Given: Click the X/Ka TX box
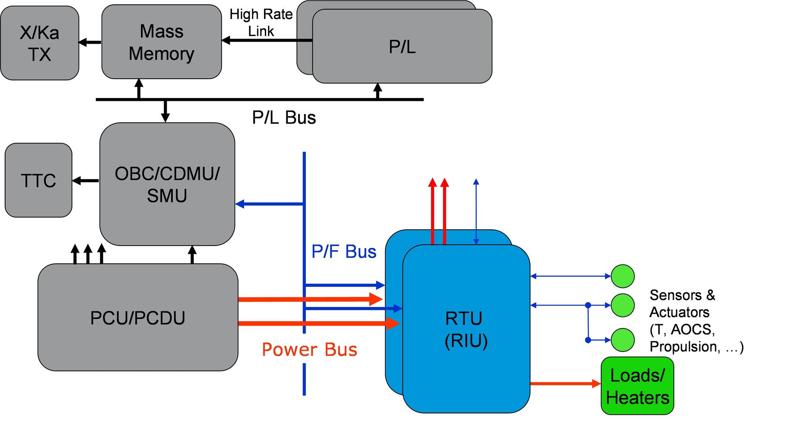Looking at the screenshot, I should tap(39, 43).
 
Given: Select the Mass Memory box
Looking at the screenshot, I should tap(161, 42).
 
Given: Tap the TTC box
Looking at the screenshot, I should tap(38, 180).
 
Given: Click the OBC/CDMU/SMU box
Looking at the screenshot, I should tap(167, 184).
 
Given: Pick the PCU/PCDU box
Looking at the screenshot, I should tap(137, 318).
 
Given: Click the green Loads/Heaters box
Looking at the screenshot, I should tap(637, 386).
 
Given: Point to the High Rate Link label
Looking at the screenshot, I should tap(261, 23).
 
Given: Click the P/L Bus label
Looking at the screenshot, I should tap(284, 118).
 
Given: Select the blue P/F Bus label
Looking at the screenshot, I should tap(343, 251).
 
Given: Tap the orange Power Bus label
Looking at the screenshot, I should tap(309, 350).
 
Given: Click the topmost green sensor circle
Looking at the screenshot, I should tap(622, 276).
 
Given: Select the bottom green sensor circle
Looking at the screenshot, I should tap(622, 340).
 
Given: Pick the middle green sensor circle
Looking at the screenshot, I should tap(622, 305).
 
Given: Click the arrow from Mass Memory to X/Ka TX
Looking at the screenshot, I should tap(90, 42).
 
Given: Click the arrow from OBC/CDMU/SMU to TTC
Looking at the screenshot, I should tap(86, 181).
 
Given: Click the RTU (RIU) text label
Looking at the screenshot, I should tap(465, 330).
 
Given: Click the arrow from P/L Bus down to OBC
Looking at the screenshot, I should tap(166, 111).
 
